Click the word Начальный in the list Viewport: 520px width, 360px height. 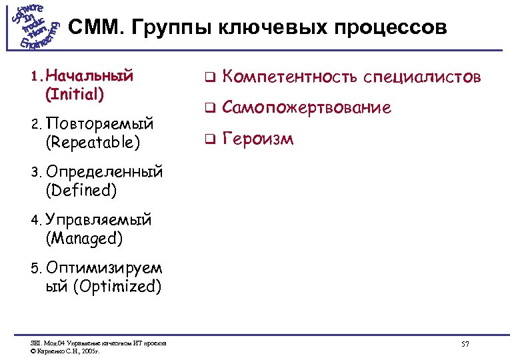point(89,75)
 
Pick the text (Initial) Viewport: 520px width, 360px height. point(75,93)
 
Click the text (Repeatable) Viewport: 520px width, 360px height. point(93,142)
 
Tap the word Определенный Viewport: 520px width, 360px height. point(105,172)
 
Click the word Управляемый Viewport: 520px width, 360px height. point(99,219)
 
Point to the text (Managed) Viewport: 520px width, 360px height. point(84,237)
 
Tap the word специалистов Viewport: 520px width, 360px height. point(422,77)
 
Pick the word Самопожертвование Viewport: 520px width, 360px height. point(306,107)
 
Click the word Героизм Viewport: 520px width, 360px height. point(257,139)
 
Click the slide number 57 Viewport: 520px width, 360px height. point(465,343)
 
